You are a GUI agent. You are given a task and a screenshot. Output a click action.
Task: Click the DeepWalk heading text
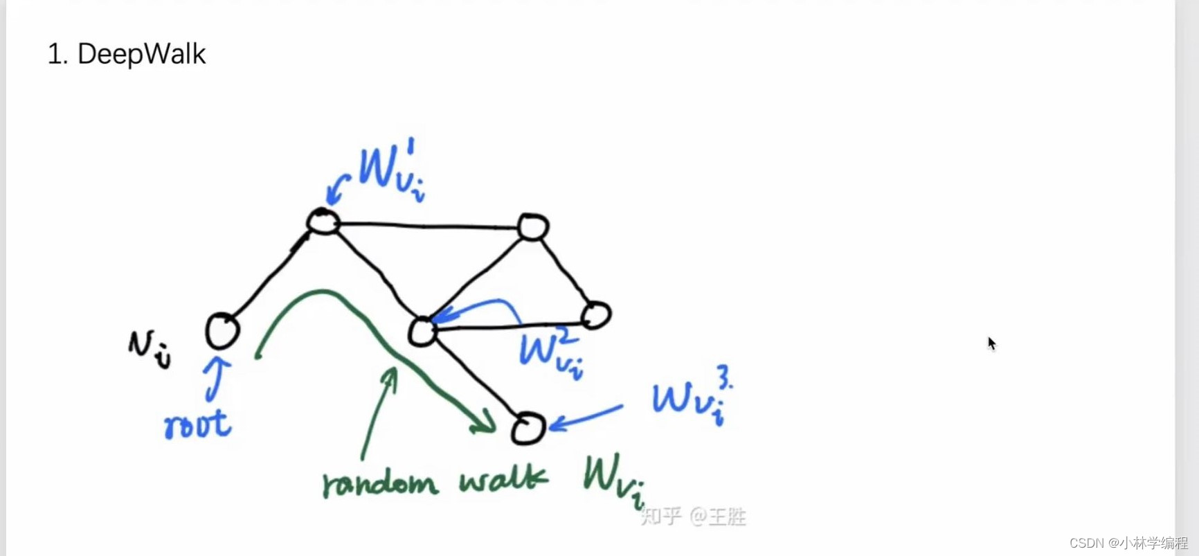click(x=127, y=54)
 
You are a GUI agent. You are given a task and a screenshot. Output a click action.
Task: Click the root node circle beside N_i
click(x=222, y=330)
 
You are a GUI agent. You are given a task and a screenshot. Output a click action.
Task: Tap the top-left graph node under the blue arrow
click(x=323, y=222)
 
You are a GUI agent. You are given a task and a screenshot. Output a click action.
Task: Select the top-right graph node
click(x=533, y=226)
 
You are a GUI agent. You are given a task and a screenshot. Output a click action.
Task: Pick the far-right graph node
click(x=596, y=315)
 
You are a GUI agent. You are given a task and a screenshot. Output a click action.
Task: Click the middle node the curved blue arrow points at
click(x=422, y=332)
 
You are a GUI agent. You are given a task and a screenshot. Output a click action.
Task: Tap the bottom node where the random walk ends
click(x=528, y=428)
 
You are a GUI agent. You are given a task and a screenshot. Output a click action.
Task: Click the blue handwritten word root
click(x=197, y=424)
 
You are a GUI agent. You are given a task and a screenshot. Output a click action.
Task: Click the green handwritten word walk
click(x=503, y=479)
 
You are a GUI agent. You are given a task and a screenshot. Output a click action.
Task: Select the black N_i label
click(x=149, y=348)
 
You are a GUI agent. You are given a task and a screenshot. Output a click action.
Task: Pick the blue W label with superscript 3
click(x=692, y=398)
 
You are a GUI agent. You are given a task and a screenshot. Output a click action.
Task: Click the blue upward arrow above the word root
click(x=217, y=378)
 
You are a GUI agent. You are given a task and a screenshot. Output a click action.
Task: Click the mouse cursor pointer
click(x=991, y=343)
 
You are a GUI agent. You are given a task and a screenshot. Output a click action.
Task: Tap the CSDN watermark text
click(x=1128, y=543)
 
